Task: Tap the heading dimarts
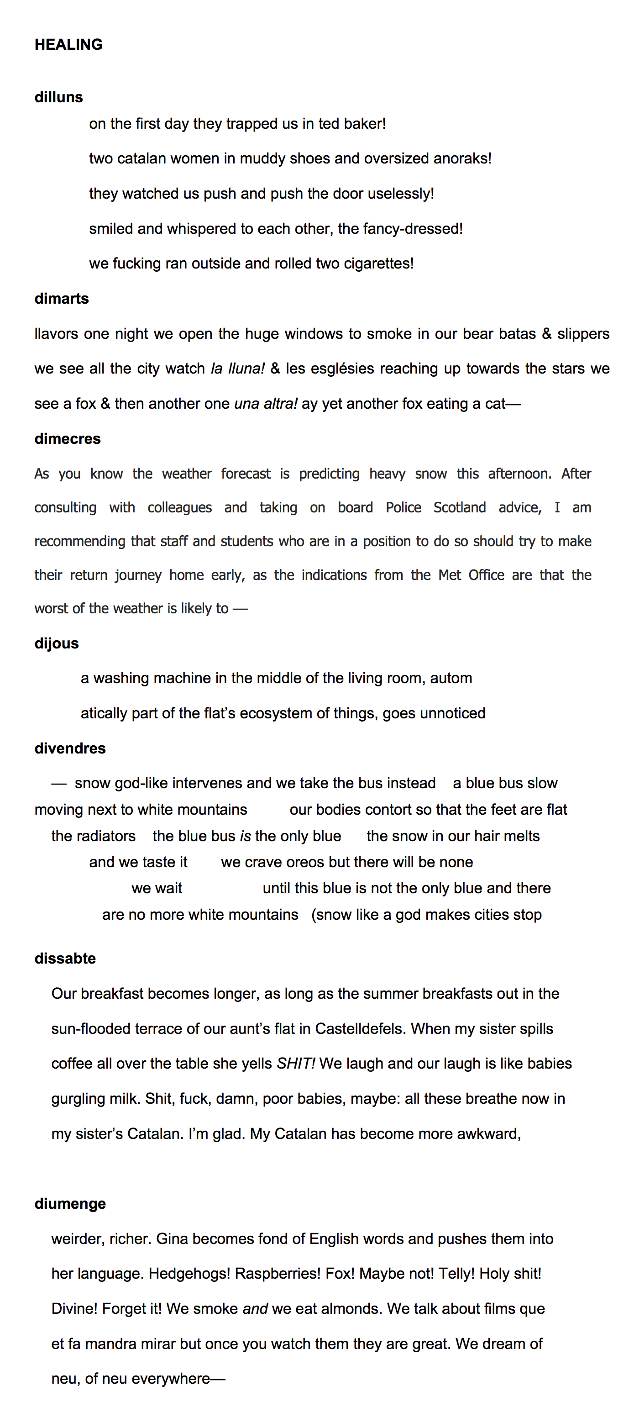point(62,298)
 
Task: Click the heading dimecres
point(67,438)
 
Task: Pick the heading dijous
point(57,643)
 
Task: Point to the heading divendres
point(70,748)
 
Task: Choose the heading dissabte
point(65,959)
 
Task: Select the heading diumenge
point(70,1203)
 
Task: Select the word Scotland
point(460,507)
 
